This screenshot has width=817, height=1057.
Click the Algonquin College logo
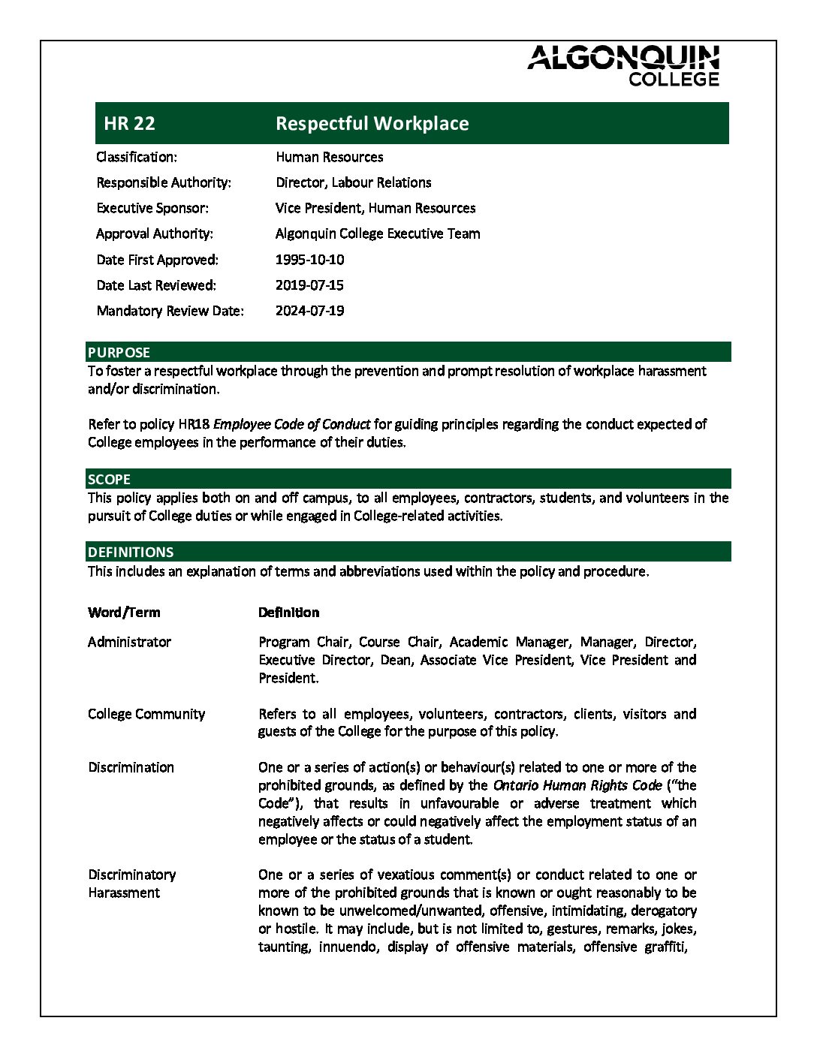pos(623,65)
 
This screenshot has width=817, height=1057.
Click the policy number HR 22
pos(129,124)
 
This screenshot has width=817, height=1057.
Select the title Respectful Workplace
pos(372,124)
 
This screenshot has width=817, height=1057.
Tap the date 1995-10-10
pos(309,260)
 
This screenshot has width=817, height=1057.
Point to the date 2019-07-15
pos(309,285)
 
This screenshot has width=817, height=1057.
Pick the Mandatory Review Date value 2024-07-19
pos(309,311)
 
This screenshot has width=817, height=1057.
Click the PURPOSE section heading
pos(119,352)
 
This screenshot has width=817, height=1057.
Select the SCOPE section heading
pos(109,479)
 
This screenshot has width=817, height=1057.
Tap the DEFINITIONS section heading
pos(130,552)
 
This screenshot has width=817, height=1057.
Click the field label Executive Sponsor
pos(152,208)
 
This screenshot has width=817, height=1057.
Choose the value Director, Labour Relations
pos(353,182)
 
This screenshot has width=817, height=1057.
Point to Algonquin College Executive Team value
pos(378,233)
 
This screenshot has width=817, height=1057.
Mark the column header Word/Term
pos(124,612)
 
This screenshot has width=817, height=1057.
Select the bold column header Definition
pos(288,612)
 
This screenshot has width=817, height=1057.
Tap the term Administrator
pos(129,642)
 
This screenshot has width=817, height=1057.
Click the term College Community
pos(146,714)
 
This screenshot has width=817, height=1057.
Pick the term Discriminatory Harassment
pos(131,884)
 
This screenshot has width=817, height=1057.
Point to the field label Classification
pos(137,157)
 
